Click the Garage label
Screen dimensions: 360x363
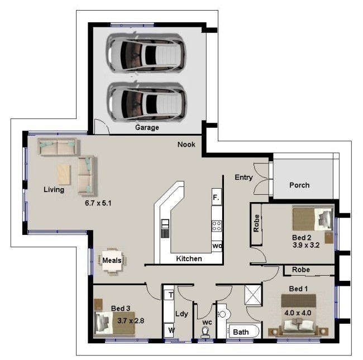pyautogui.click(x=147, y=127)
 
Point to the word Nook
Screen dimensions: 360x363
pyautogui.click(x=187, y=145)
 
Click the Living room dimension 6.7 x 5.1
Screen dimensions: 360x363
pyautogui.click(x=98, y=203)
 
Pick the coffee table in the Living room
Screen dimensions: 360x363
pyautogui.click(x=65, y=174)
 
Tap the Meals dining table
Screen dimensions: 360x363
pyautogui.click(x=113, y=261)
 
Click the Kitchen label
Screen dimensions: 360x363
pyautogui.click(x=189, y=259)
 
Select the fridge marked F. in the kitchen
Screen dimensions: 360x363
pyautogui.click(x=217, y=198)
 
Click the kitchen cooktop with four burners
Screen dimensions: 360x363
pyautogui.click(x=216, y=226)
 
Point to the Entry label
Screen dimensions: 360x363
pyautogui.click(x=243, y=178)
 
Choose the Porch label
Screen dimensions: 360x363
pyautogui.click(x=299, y=185)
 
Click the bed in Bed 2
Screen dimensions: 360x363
pyautogui.click(x=313, y=218)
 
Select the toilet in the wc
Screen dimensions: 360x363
pyautogui.click(x=206, y=330)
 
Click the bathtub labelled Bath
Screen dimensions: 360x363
pyautogui.click(x=244, y=332)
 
